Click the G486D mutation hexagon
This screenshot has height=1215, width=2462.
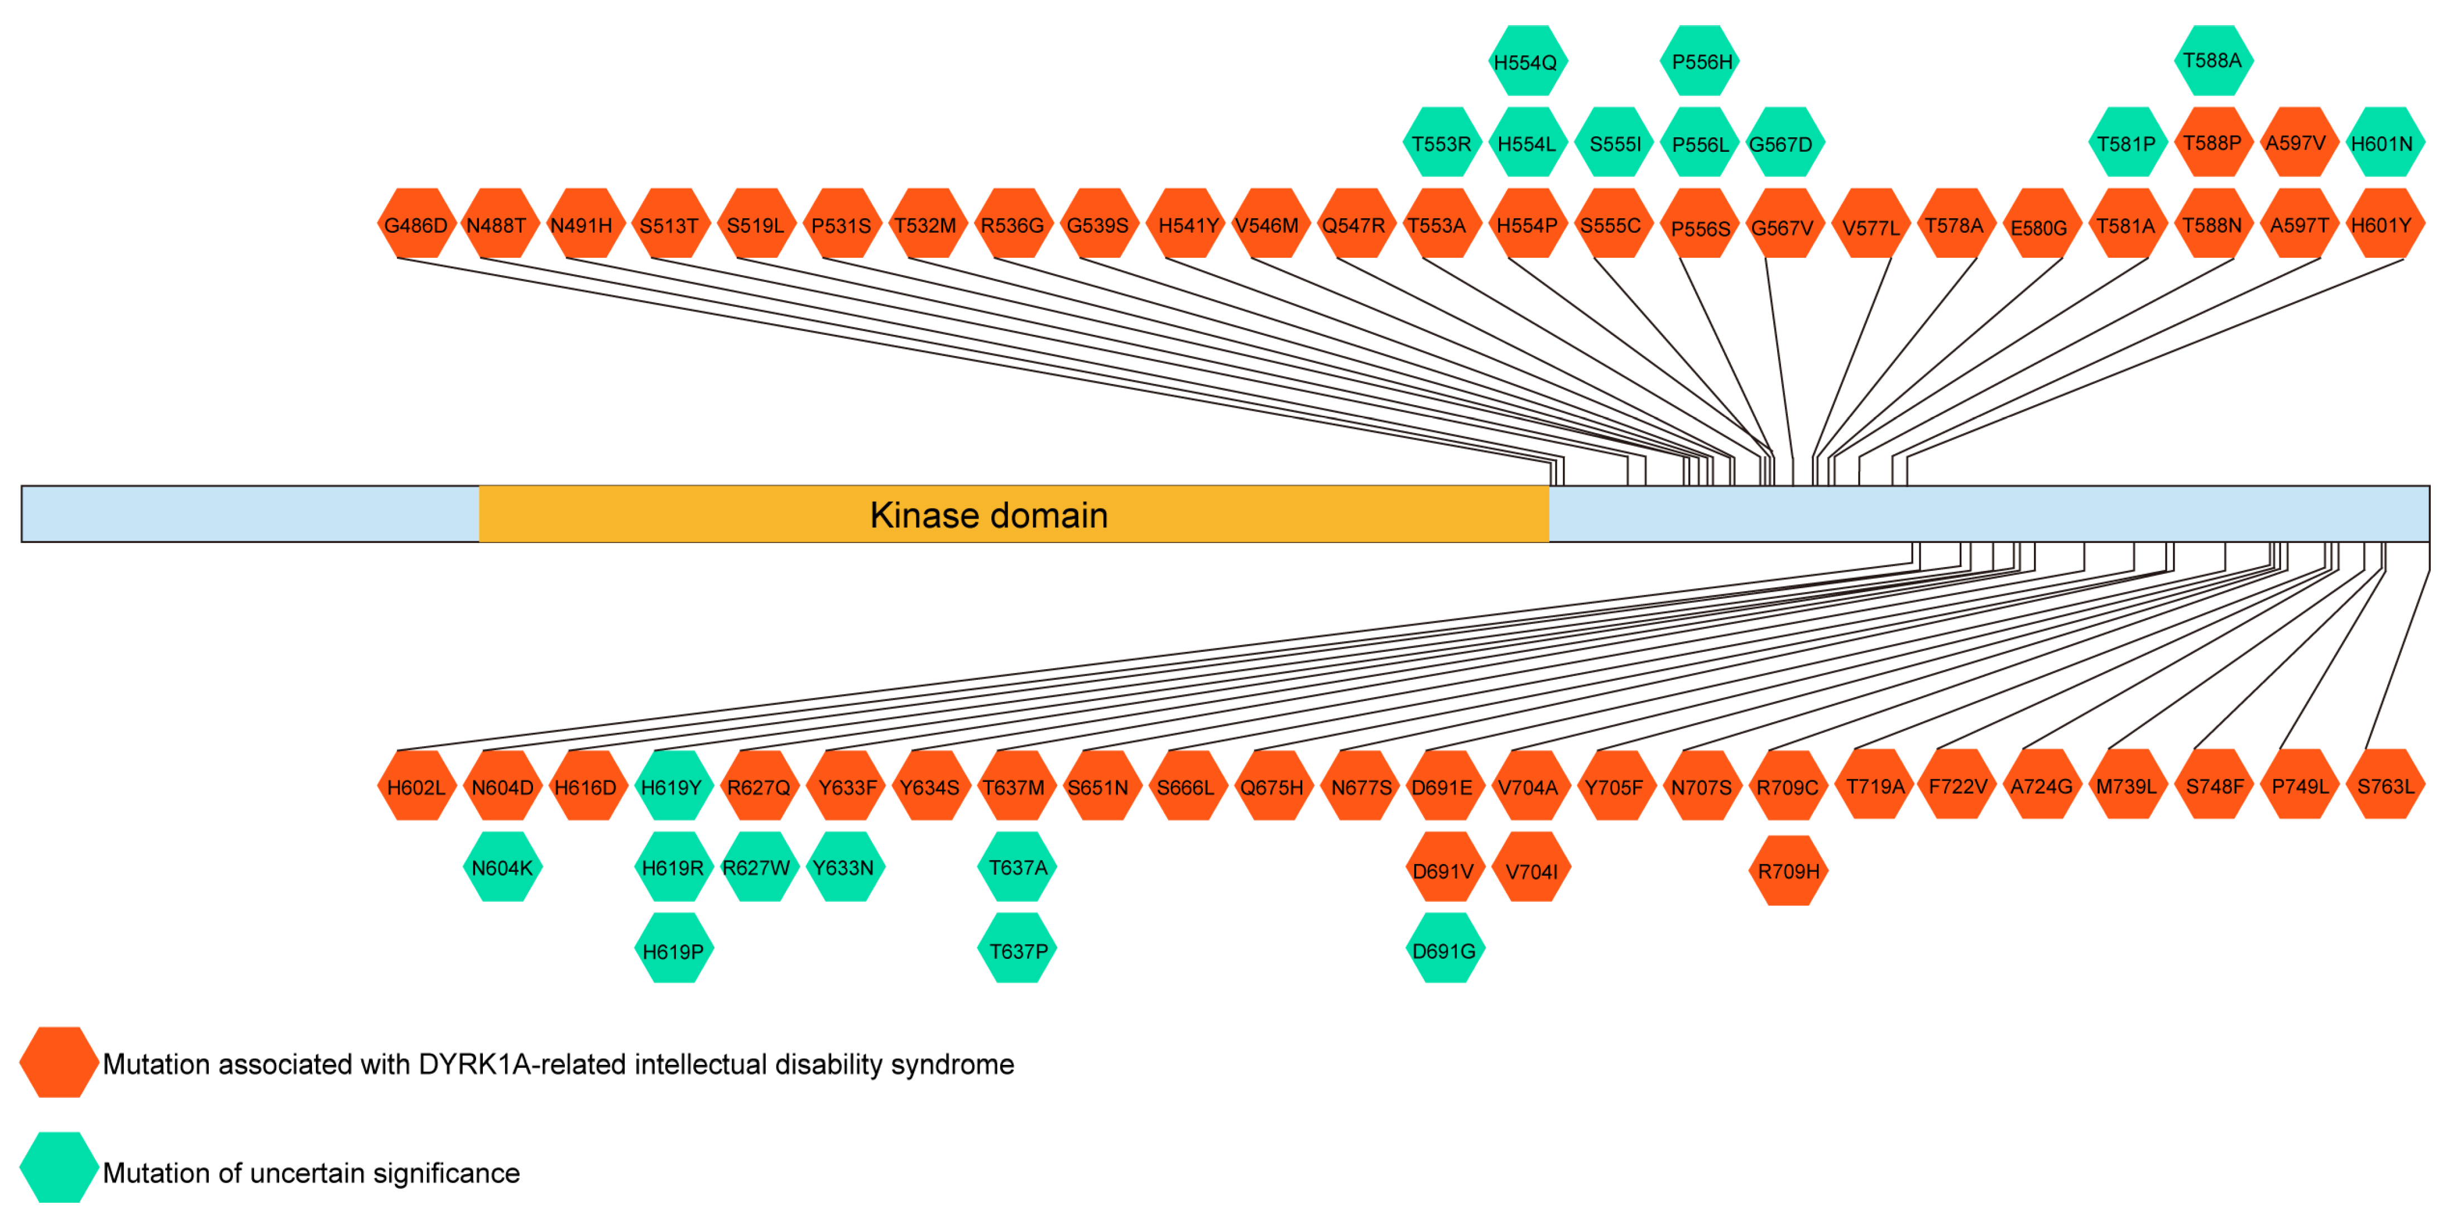416,225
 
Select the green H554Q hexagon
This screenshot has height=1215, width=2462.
1527,62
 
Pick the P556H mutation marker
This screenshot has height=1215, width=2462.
1701,62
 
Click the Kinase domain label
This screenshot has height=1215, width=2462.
988,515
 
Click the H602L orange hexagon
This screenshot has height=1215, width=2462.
416,787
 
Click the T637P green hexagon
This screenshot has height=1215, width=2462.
1018,950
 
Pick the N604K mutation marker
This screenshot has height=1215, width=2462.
502,867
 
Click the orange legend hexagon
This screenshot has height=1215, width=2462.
58,1062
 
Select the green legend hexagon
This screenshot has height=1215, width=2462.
58,1167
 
